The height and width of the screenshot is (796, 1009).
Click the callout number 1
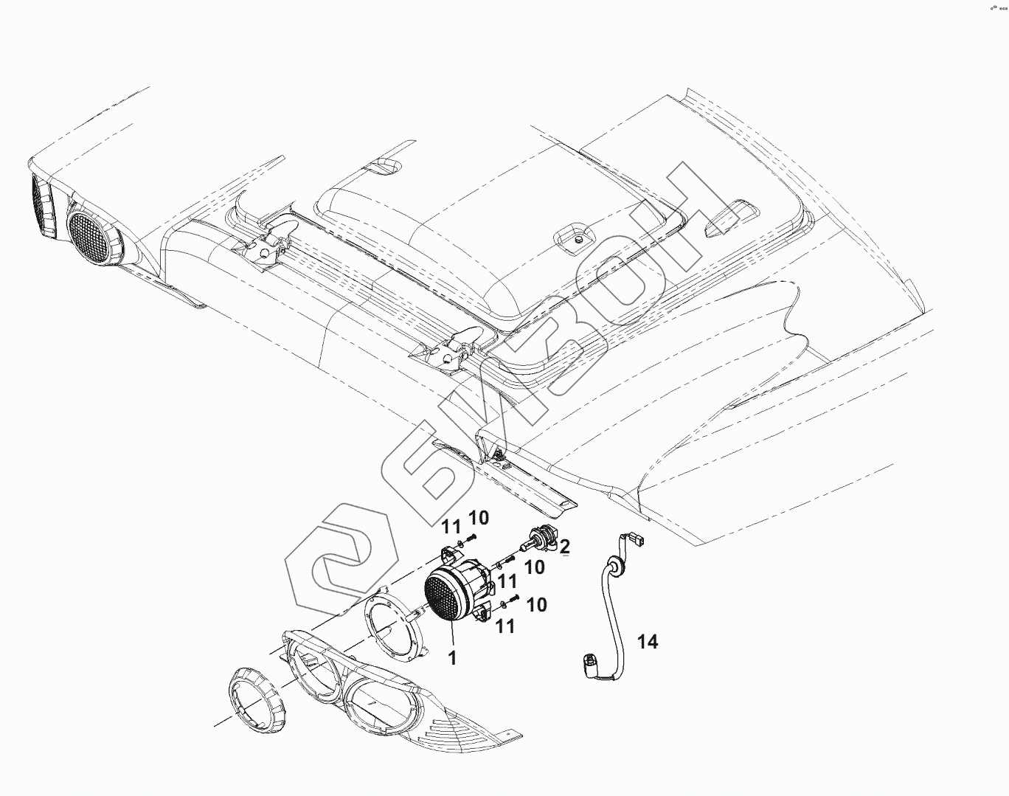pyautogui.click(x=453, y=657)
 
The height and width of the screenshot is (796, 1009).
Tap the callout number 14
pyautogui.click(x=647, y=643)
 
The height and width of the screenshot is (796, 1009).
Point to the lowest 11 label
pyautogui.click(x=505, y=627)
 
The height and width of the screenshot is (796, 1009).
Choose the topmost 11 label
pyautogui.click(x=451, y=527)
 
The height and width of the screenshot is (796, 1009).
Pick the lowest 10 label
pyautogui.click(x=537, y=605)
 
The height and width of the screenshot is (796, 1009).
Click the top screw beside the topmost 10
pyautogui.click(x=473, y=537)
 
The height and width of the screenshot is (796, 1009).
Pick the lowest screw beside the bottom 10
pyautogui.click(x=516, y=598)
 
